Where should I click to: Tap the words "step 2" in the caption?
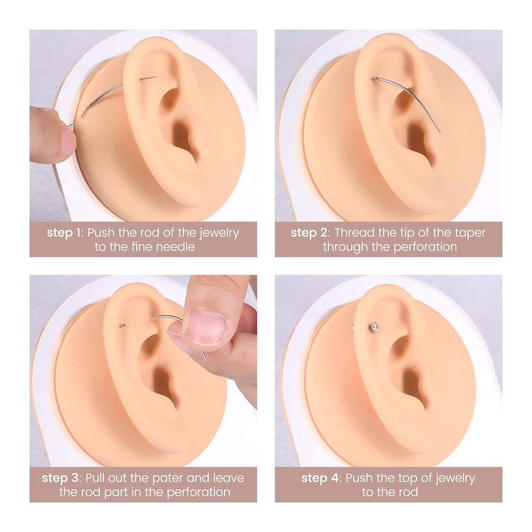coord(309,233)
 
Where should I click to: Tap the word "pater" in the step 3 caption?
coord(161,478)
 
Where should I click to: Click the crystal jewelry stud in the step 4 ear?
coord(375,326)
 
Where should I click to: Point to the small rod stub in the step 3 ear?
coord(123,325)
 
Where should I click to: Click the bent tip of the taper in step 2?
coord(373,79)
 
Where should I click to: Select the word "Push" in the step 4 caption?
coord(359,478)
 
